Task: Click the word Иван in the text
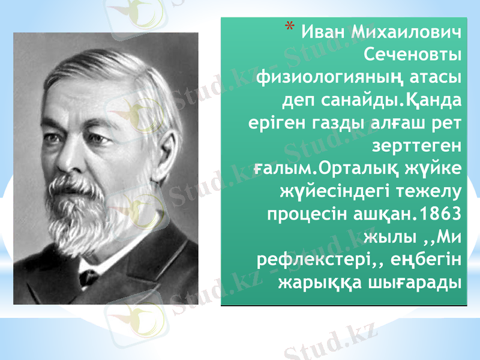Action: click(x=322, y=32)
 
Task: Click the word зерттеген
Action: click(x=416, y=146)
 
